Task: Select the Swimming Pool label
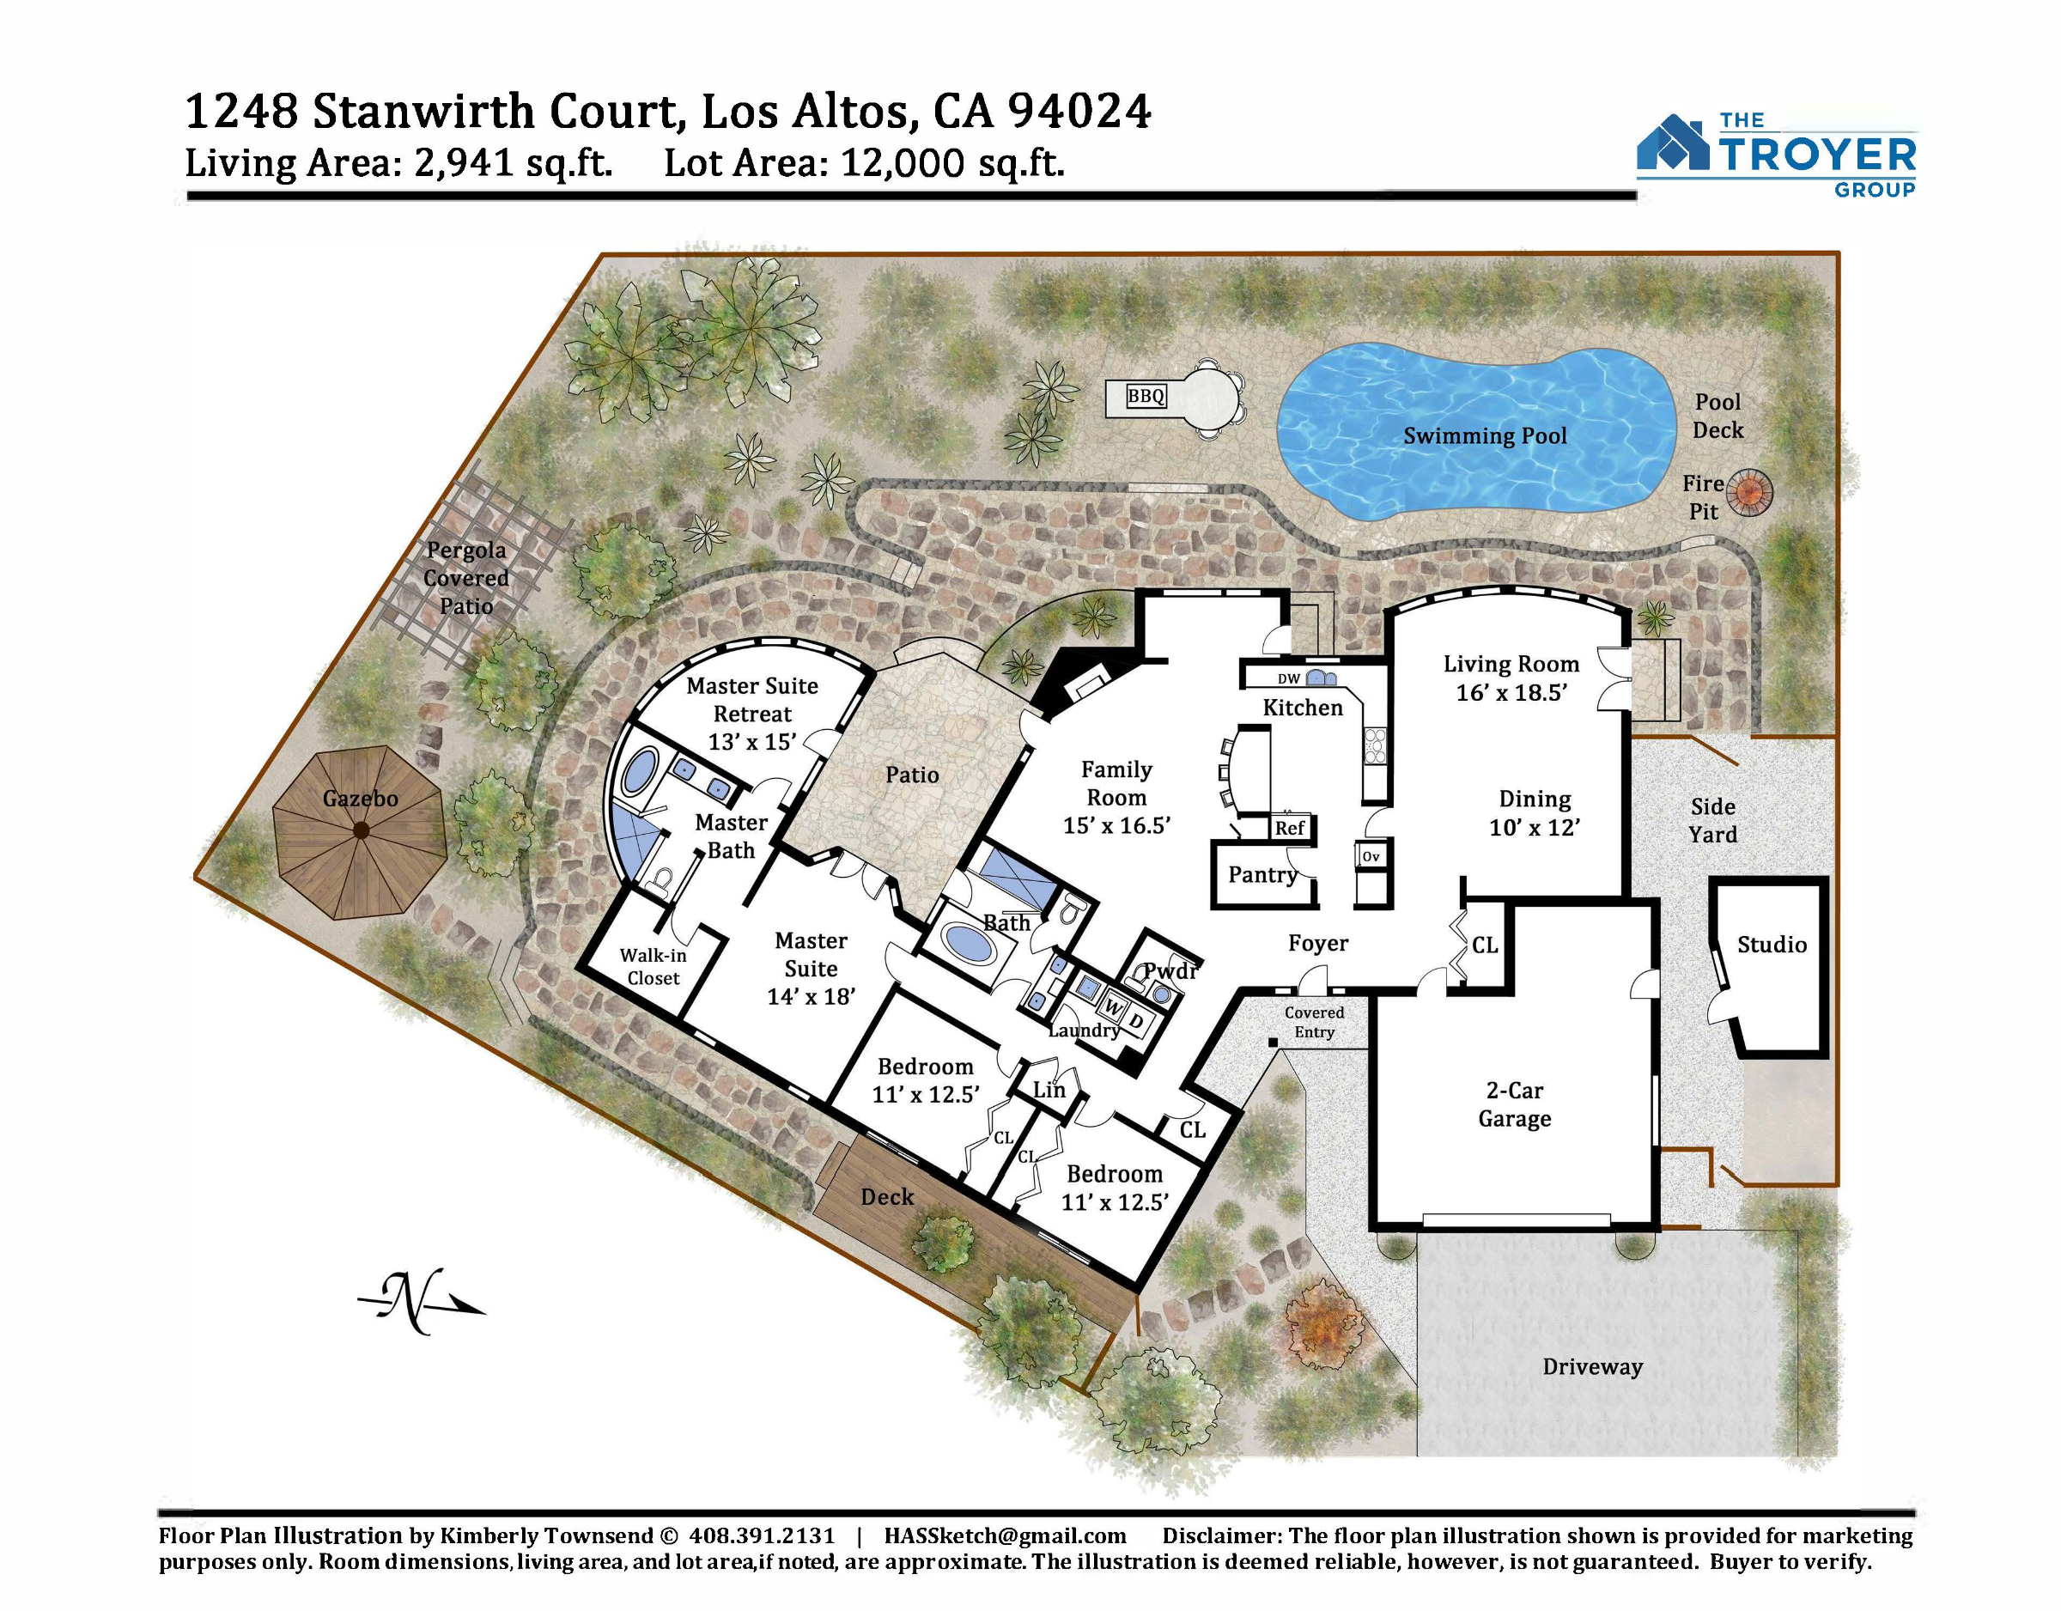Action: click(1485, 436)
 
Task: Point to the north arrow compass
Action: click(421, 1302)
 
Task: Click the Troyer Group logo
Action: click(1776, 155)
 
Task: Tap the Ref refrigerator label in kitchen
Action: click(1289, 828)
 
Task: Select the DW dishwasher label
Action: click(1289, 678)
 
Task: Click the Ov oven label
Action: click(1371, 857)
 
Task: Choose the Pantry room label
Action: click(1262, 875)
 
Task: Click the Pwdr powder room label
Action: click(1171, 971)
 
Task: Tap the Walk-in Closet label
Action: click(653, 966)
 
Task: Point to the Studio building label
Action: click(1772, 945)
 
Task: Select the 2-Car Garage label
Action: click(1515, 1104)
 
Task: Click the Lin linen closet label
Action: click(1049, 1090)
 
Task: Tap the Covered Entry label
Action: click(1315, 1022)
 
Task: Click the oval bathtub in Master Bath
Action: click(641, 772)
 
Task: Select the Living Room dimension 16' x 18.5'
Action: click(1511, 693)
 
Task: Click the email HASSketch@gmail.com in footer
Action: click(1005, 1535)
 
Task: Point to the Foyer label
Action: click(1318, 944)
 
